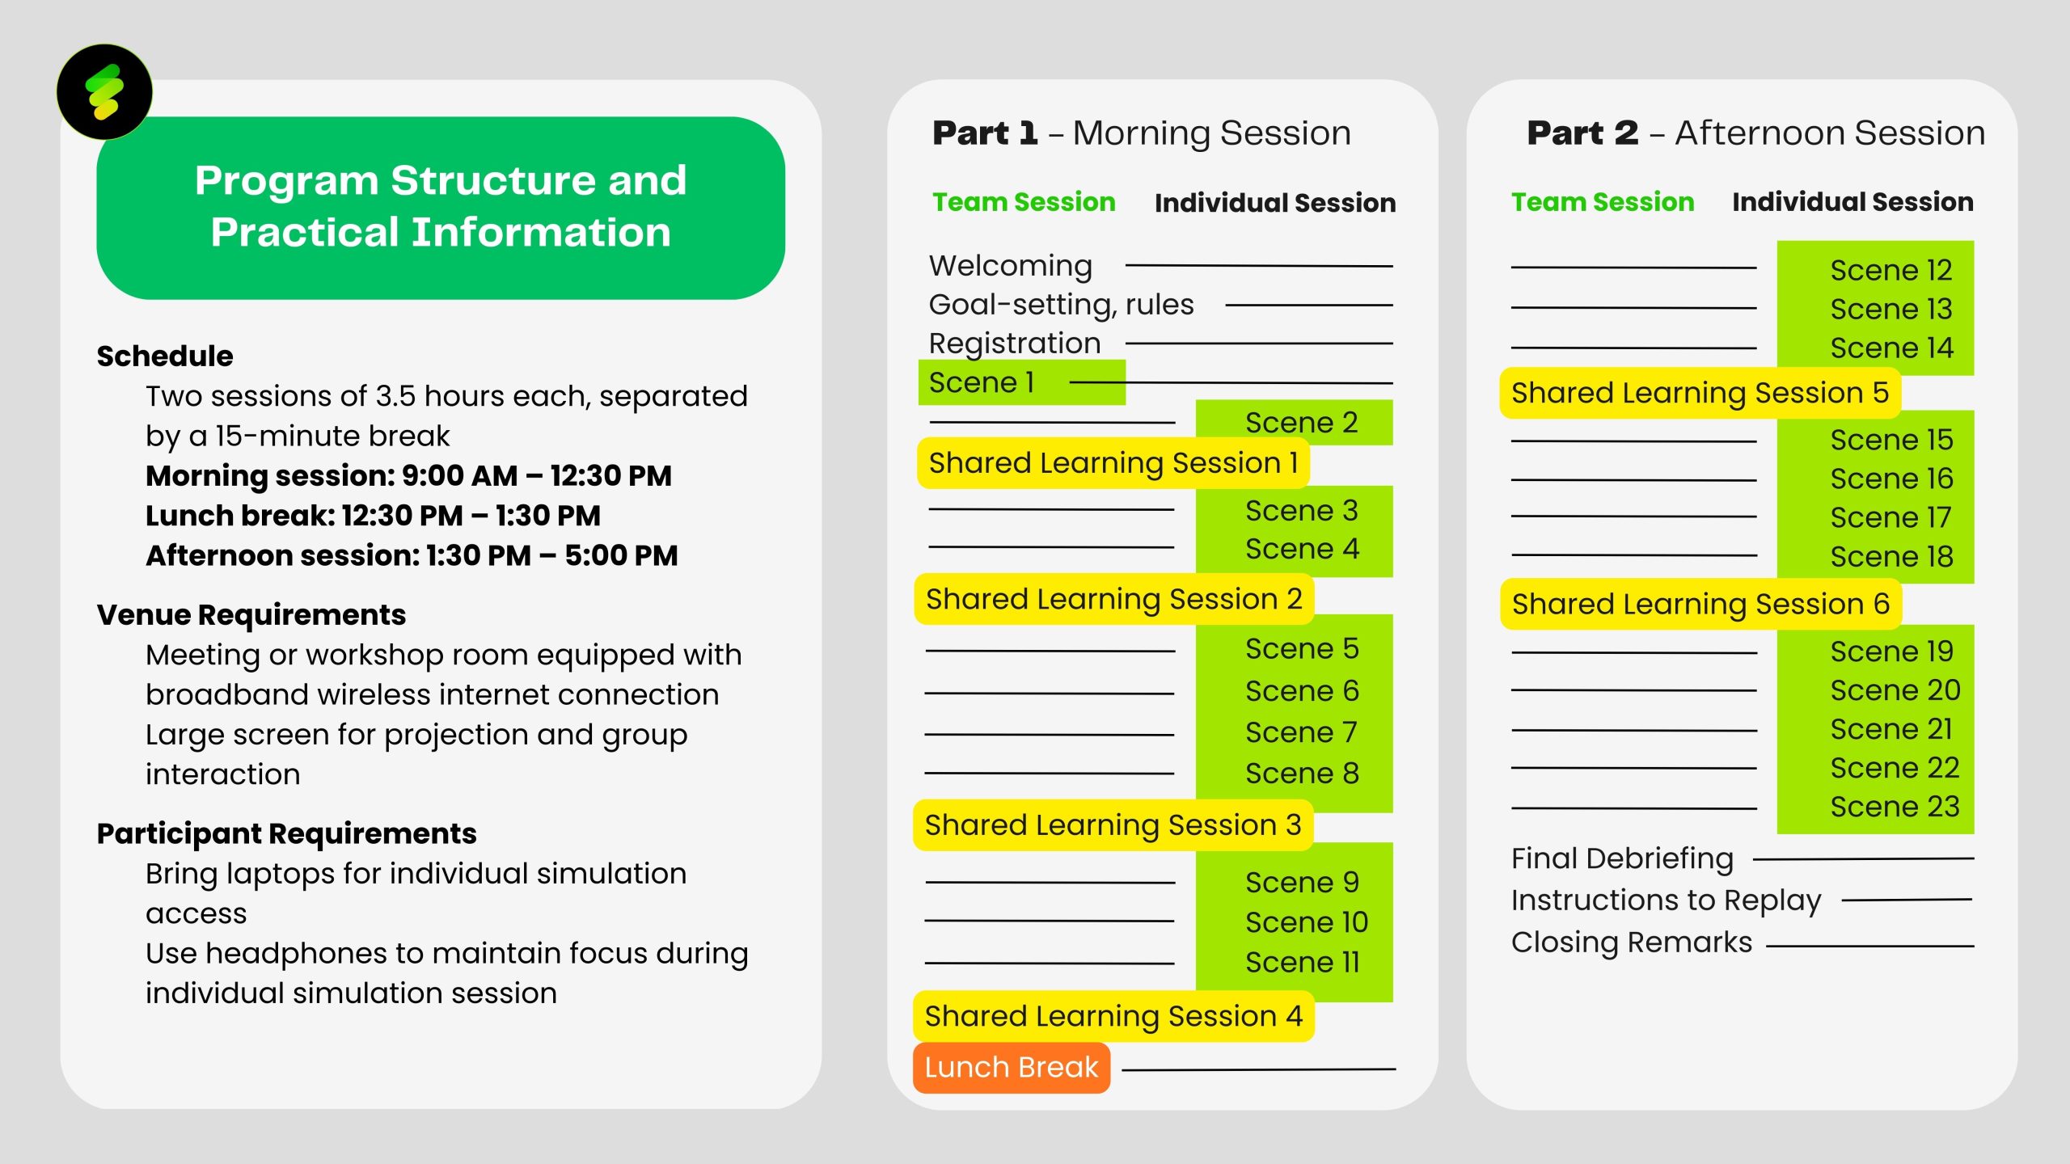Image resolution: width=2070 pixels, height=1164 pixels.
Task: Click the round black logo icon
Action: point(104,92)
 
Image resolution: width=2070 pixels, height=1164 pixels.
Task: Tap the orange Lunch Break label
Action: point(1011,1067)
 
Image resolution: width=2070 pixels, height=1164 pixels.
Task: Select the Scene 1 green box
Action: point(1020,382)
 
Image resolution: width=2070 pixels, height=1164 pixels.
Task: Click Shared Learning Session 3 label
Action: point(1113,825)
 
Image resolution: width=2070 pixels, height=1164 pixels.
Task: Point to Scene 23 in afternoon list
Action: point(1894,807)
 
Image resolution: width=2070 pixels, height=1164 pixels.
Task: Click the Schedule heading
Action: point(165,356)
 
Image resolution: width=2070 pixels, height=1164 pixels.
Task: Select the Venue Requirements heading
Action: point(251,614)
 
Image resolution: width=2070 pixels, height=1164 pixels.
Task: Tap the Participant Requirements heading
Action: point(286,833)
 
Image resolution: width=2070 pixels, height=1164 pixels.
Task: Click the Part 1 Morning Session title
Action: point(1141,133)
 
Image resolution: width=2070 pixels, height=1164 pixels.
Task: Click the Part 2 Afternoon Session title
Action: point(1755,133)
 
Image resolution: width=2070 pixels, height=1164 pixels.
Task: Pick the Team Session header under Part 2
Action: point(1602,202)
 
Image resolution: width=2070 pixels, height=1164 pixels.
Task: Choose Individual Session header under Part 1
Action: point(1274,203)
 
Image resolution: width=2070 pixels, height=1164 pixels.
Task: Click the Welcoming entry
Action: point(1010,266)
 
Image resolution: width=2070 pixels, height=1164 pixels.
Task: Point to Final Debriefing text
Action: point(1622,858)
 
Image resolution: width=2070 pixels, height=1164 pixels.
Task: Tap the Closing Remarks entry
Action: point(1631,943)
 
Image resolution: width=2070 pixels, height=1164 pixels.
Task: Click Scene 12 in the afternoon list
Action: point(1890,270)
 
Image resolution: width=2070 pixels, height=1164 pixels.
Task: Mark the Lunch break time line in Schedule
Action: point(373,516)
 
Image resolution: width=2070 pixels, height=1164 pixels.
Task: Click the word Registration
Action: point(1014,344)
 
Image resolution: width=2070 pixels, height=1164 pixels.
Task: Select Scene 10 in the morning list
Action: point(1306,922)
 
